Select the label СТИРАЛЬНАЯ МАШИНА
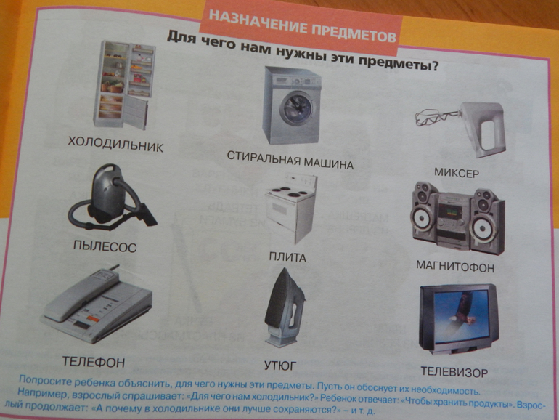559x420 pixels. click(290, 159)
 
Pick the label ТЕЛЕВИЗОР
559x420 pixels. click(453, 372)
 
